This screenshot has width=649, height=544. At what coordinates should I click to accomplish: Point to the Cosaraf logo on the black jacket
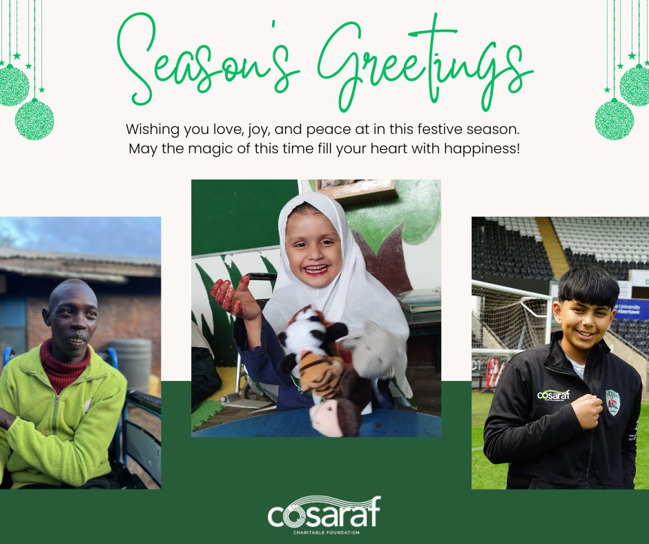point(553,395)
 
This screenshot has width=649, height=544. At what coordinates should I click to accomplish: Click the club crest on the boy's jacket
point(612,401)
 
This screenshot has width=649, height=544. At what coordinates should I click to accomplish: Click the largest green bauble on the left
point(34,119)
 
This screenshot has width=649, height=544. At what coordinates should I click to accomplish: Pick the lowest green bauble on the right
point(614,119)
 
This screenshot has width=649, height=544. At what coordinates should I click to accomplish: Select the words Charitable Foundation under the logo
point(324,532)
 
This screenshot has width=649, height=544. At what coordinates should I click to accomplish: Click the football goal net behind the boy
point(507,318)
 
